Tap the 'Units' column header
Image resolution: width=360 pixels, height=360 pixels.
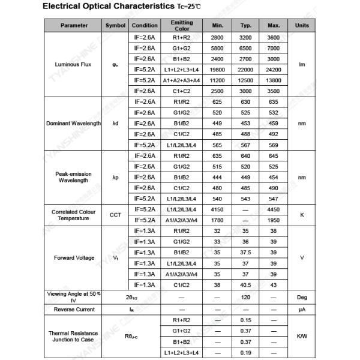(x=302, y=25)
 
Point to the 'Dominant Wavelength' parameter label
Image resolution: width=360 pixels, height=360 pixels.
(x=74, y=123)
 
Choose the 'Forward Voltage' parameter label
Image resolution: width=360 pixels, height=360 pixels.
(x=74, y=257)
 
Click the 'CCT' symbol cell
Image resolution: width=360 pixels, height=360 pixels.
(x=115, y=214)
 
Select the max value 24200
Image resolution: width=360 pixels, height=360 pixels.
(x=274, y=69)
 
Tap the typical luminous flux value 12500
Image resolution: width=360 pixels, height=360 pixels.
(x=246, y=80)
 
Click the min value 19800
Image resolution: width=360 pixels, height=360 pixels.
(x=217, y=69)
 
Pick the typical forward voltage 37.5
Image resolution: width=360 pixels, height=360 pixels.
(x=246, y=252)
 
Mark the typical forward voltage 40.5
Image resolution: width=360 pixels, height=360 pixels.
(x=246, y=284)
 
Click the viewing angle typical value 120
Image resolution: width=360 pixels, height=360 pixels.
(x=246, y=297)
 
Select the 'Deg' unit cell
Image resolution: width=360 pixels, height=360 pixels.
(x=302, y=297)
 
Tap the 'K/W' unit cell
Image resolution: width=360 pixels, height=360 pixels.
(x=302, y=336)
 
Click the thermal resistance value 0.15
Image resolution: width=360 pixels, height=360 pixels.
(x=246, y=320)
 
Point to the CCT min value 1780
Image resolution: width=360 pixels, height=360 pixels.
(x=217, y=220)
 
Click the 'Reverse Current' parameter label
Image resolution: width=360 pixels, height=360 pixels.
(x=74, y=309)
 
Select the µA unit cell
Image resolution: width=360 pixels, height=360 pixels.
(x=302, y=309)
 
